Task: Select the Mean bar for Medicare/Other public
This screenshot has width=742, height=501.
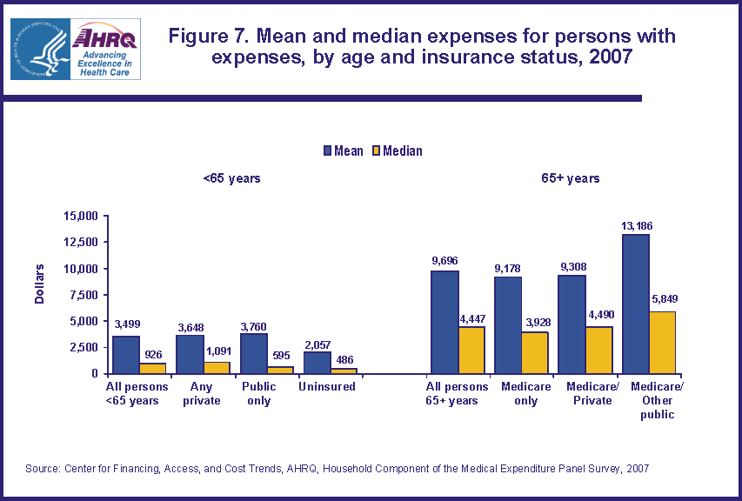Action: (635, 304)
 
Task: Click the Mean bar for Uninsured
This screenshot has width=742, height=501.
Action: (317, 362)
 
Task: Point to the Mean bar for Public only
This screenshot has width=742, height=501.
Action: (253, 353)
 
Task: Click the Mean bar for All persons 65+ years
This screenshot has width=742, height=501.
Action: (445, 322)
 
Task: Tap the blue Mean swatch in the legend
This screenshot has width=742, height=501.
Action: (326, 150)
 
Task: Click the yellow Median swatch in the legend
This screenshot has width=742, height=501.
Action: (376, 150)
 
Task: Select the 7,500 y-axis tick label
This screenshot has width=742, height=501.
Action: (84, 294)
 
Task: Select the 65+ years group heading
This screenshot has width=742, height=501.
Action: (570, 178)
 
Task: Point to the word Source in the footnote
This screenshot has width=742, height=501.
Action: (43, 469)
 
